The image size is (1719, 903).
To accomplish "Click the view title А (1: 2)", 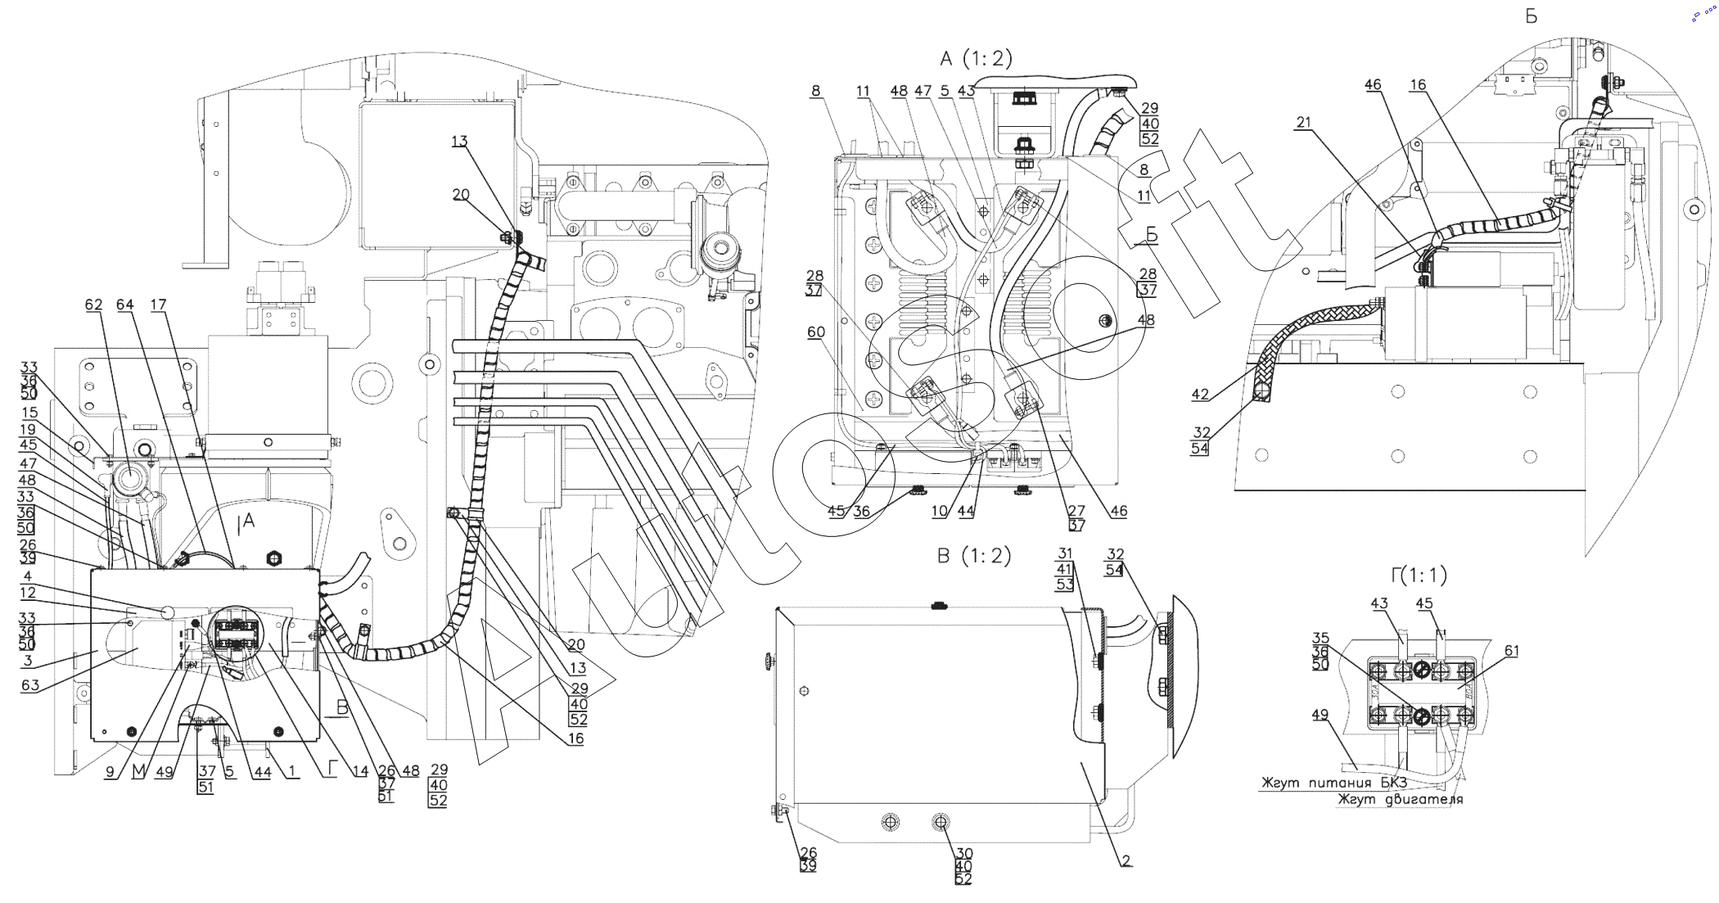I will [977, 59].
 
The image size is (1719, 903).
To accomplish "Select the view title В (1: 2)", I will [974, 557].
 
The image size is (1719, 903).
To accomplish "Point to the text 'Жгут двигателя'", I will [1400, 799].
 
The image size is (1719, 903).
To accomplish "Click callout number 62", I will [93, 305].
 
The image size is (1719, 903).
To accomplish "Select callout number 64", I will [124, 305].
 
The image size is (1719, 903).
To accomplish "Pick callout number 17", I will [158, 305].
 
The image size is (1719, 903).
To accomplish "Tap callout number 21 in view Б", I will [1303, 123].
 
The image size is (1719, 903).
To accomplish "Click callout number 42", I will [1199, 395].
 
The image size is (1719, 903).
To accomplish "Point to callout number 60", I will [815, 332].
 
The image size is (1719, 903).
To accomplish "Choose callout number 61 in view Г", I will [1511, 652].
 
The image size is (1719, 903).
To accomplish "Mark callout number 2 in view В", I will [1126, 860].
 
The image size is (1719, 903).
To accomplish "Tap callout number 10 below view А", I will [939, 512].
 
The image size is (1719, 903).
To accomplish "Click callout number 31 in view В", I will [1064, 553].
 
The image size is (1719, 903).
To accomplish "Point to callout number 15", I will [29, 413].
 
